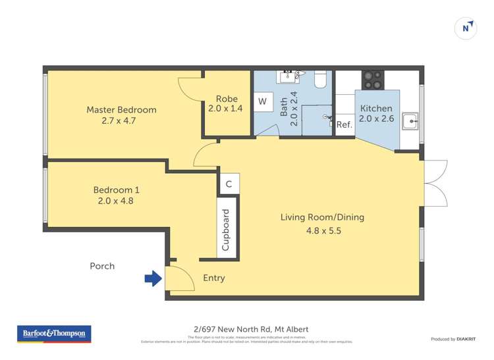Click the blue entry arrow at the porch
pos(153,279)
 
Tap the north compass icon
pos(466,28)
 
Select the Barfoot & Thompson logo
pos(54,334)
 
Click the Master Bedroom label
pos(121,110)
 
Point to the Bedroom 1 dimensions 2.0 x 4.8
pos(115,201)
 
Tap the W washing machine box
pos(262,101)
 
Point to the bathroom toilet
pos(321,79)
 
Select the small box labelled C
pos(229,184)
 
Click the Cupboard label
pos(226,230)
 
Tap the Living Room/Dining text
pos(322,217)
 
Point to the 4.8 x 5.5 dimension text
pos(323,231)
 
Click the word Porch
pos(102,266)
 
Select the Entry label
pos(213,278)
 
